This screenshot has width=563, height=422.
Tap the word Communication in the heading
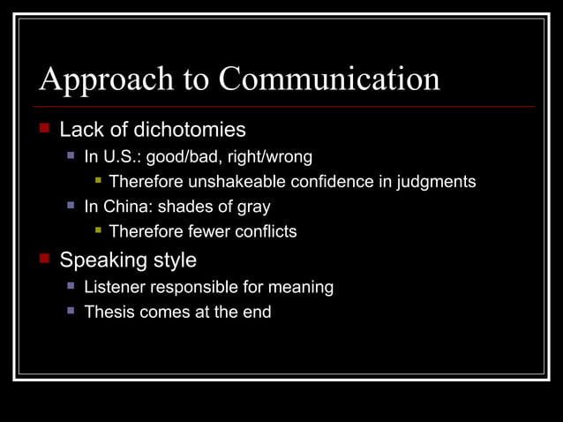coord(328,79)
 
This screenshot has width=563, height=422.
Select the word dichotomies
coord(190,131)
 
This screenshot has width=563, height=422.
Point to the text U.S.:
coord(124,157)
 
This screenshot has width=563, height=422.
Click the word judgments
coord(436,182)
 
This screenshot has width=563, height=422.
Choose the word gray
coord(251,207)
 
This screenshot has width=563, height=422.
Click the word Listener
coord(114,287)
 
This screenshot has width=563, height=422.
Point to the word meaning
coord(301,287)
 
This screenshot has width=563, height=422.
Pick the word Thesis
coord(108,312)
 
